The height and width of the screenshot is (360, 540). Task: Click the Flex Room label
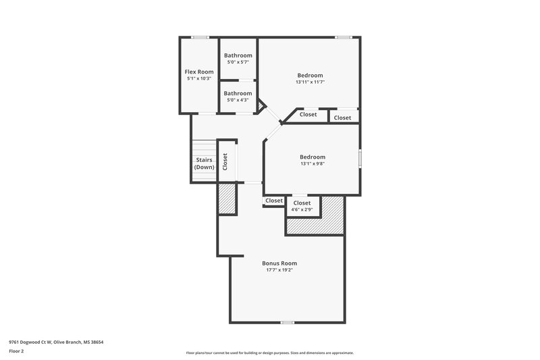click(199, 72)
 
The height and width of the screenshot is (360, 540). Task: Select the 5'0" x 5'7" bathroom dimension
click(238, 62)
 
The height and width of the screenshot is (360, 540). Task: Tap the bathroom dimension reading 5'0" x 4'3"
click(238, 100)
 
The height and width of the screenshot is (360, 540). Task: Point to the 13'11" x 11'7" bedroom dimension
click(310, 82)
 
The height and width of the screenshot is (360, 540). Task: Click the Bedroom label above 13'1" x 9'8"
click(313, 157)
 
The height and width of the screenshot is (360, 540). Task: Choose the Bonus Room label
click(279, 263)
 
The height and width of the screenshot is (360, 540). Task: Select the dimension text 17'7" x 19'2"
click(279, 270)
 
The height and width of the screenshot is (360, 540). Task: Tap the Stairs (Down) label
click(203, 163)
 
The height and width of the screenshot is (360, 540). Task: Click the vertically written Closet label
click(225, 161)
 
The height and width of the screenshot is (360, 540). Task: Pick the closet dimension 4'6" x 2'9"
click(302, 209)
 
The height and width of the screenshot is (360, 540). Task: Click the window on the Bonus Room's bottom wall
click(288, 322)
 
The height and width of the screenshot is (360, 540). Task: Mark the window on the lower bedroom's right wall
click(359, 158)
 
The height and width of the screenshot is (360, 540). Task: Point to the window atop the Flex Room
click(199, 37)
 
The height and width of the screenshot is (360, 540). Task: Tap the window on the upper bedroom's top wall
click(344, 37)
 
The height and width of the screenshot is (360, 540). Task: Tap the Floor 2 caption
click(16, 352)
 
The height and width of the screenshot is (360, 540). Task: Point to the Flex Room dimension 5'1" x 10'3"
click(199, 79)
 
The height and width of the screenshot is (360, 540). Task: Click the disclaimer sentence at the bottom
click(270, 353)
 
